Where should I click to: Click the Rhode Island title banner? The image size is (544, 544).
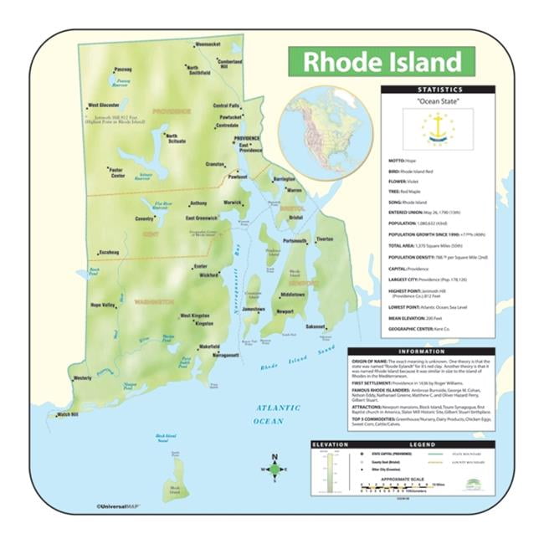click(381, 62)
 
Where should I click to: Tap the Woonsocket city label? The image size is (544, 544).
click(207, 44)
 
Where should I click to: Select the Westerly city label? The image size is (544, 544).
click(83, 378)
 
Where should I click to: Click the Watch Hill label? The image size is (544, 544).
click(68, 414)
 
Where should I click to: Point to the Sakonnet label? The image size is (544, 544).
click(315, 326)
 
